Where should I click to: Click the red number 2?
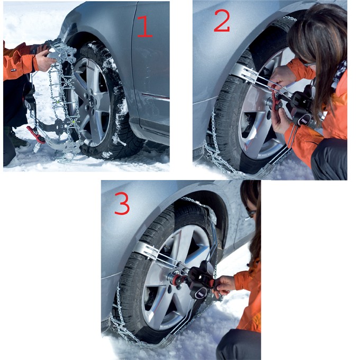222,21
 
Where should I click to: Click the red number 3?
122,203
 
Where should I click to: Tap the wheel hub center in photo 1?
92,101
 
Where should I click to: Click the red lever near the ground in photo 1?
36,135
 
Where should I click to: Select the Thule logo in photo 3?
201,294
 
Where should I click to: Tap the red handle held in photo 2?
275,103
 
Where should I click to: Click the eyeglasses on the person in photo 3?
251,212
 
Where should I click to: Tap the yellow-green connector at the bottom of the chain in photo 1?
74,122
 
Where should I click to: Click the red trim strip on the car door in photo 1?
156,96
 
